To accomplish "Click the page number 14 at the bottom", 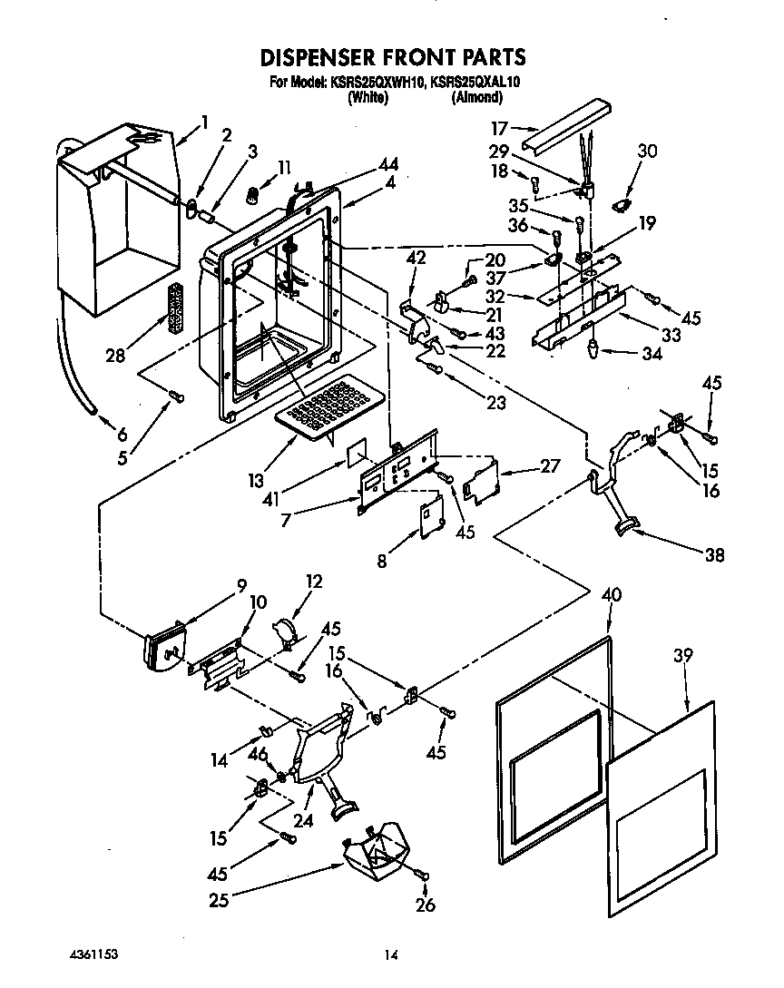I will [391, 954].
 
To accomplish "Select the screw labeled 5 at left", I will [175, 395].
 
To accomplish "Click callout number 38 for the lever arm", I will [714, 555].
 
